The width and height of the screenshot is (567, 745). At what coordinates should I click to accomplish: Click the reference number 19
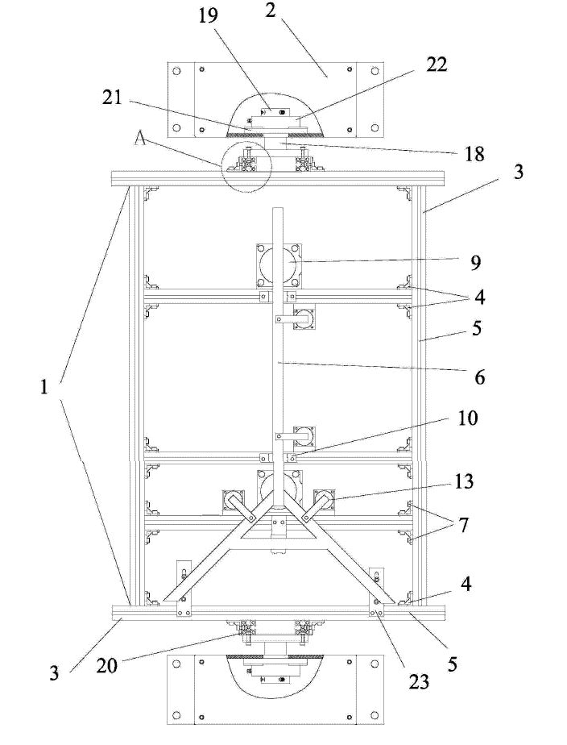click(208, 15)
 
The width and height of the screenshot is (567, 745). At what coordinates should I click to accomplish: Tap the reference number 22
click(437, 64)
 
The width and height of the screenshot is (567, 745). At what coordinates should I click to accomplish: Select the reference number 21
click(112, 98)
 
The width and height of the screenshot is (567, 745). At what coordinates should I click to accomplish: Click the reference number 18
click(474, 154)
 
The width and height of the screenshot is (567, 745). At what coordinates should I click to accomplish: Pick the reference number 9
click(476, 263)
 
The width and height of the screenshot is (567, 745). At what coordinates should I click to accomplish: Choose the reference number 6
click(479, 377)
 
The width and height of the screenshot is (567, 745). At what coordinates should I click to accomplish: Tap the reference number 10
click(467, 418)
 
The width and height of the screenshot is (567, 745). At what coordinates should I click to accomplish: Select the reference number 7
click(462, 525)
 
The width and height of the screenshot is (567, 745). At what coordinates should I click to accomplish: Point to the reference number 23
click(418, 682)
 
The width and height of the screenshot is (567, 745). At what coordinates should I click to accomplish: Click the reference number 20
click(106, 666)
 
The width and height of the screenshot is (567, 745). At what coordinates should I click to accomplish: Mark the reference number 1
click(44, 387)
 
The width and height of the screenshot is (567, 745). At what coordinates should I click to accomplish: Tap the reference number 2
click(270, 10)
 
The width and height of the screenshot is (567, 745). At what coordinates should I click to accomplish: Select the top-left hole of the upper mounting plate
click(176, 71)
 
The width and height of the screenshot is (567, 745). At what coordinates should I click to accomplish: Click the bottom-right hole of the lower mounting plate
click(375, 714)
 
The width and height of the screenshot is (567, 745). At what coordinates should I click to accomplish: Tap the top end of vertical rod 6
click(278, 209)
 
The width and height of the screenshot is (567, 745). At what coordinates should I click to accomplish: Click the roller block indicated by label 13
click(325, 502)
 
